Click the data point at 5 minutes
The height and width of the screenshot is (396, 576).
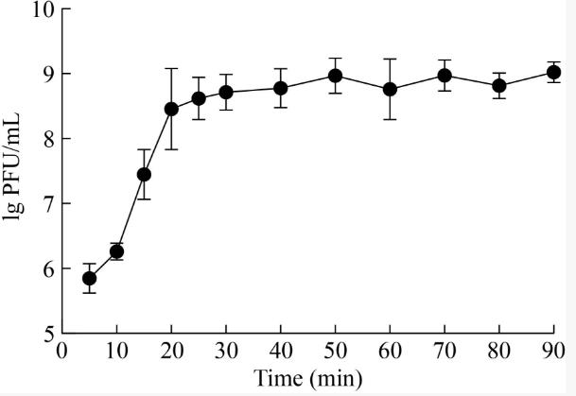pos(89,278)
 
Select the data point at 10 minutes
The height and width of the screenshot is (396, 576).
pos(116,251)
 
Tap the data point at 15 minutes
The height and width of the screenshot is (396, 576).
pos(144,174)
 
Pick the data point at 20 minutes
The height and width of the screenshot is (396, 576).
pos(171,109)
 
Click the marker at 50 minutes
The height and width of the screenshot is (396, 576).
pos(335,76)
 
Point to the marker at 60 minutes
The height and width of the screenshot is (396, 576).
pos(390,89)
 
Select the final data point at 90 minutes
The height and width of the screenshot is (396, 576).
pos(553,72)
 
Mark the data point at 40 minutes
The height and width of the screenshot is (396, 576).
pos(281,88)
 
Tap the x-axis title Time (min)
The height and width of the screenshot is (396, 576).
pos(307,380)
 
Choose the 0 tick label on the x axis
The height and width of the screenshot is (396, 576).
pos(62,352)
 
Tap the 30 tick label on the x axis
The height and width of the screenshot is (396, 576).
pos(226,352)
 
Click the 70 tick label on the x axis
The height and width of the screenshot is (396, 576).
pos(445,352)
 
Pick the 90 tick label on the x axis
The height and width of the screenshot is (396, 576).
pos(553,352)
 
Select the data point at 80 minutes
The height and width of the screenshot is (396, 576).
pos(499,85)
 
